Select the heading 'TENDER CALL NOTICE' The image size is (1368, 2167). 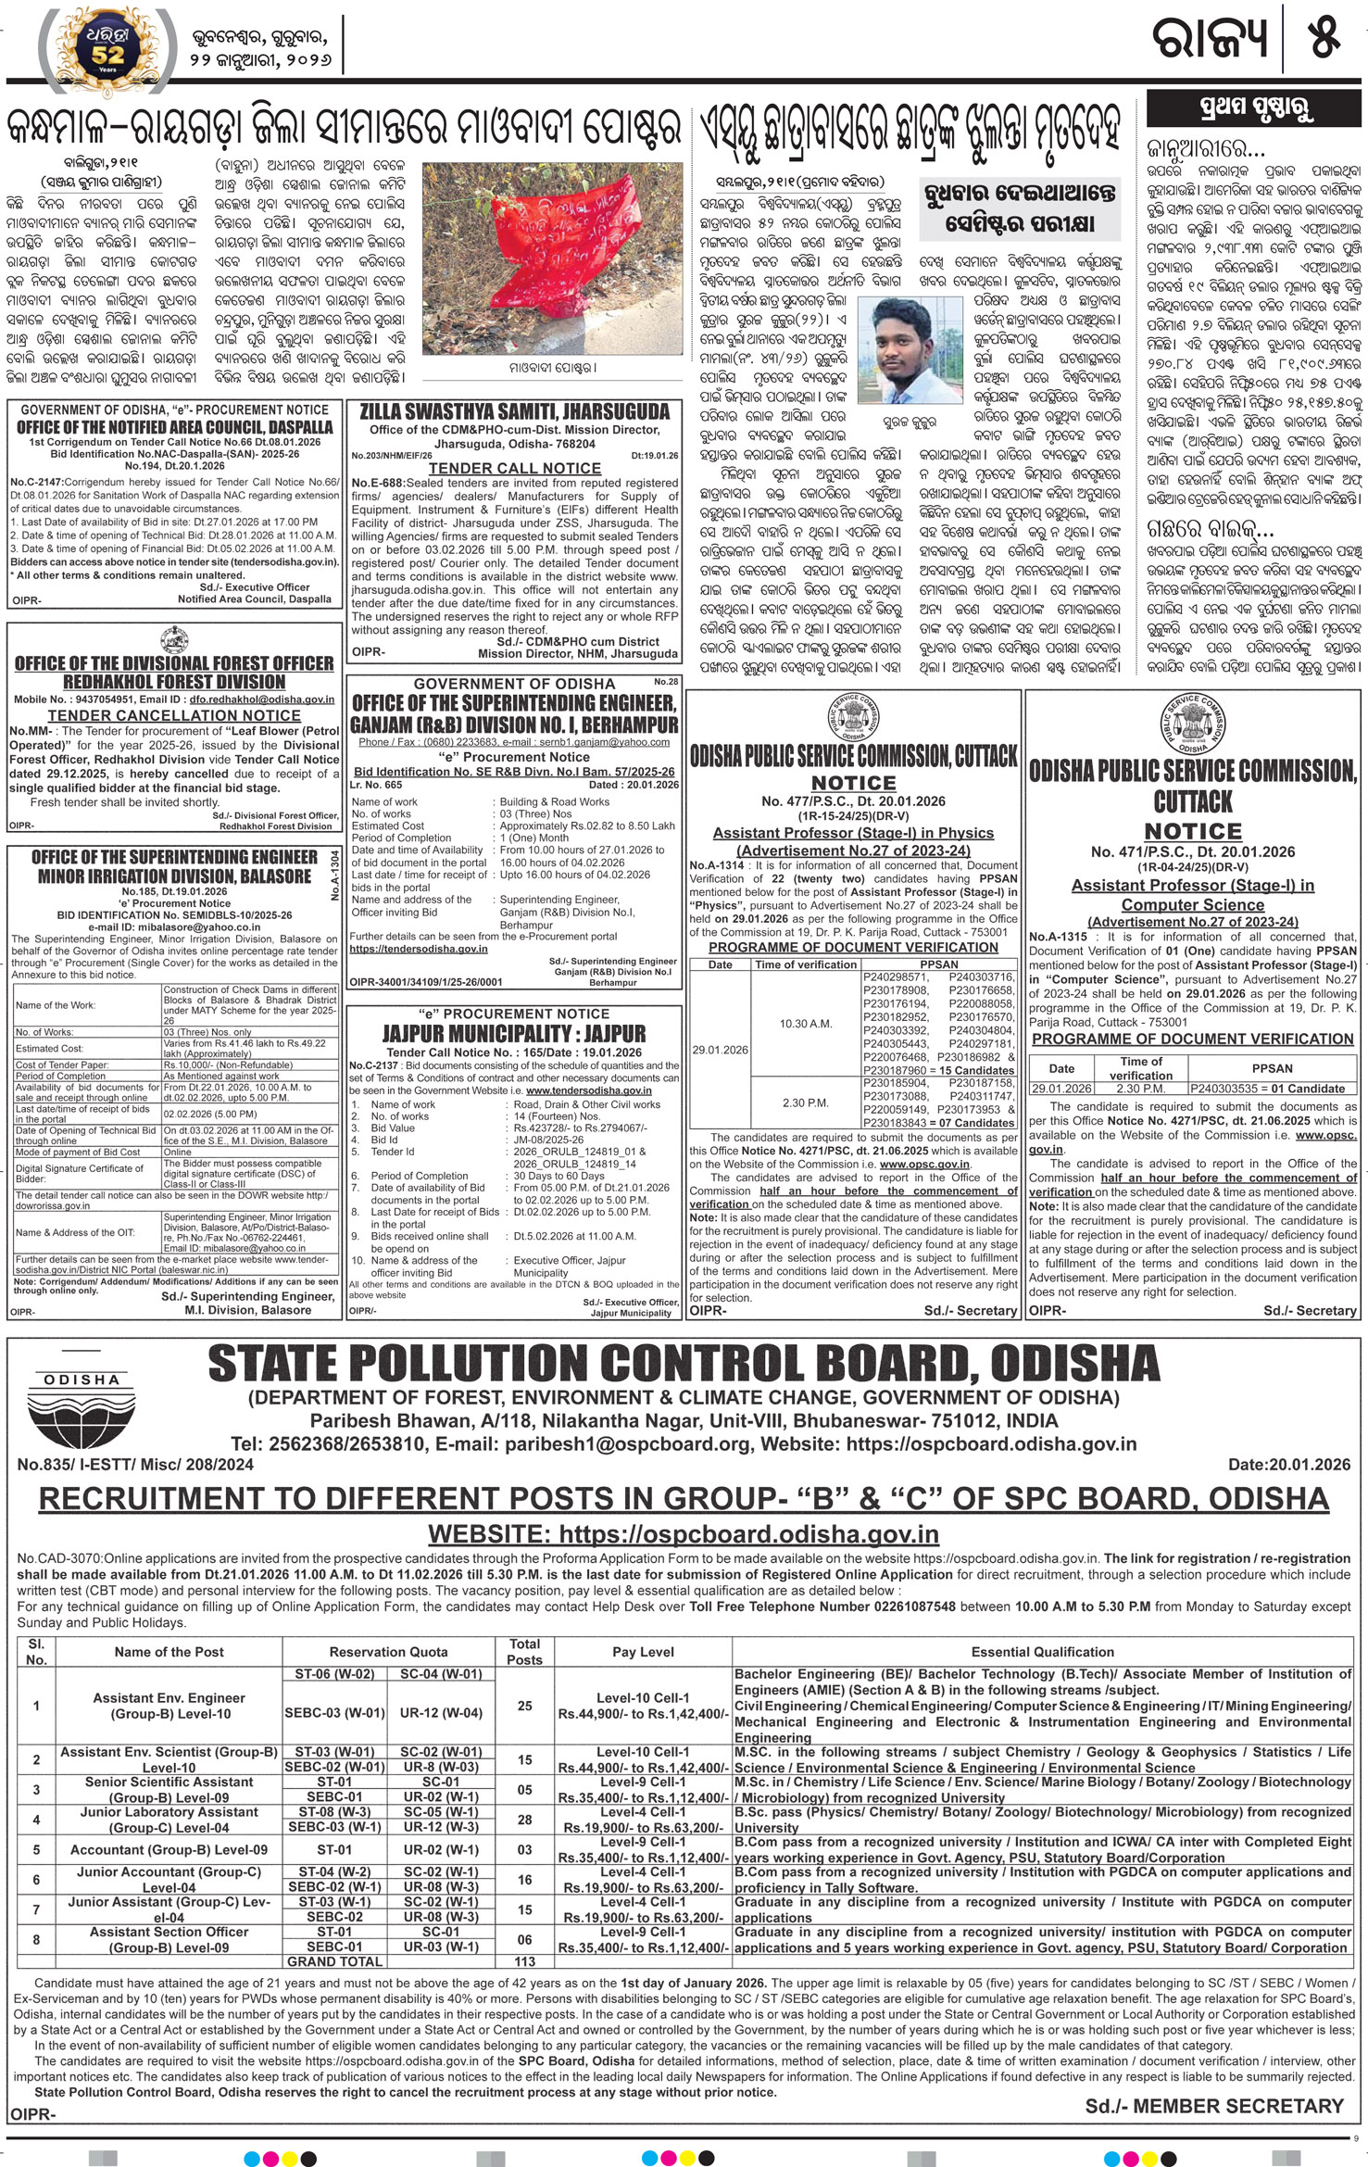tap(514, 468)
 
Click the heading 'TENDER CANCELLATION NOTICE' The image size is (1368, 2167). tap(174, 715)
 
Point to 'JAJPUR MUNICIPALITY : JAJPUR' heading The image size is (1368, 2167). tap(514, 1033)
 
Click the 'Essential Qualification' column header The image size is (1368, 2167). tap(1042, 1652)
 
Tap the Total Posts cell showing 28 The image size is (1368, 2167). tap(524, 1820)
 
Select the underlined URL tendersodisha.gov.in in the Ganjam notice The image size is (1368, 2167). tap(418, 949)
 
